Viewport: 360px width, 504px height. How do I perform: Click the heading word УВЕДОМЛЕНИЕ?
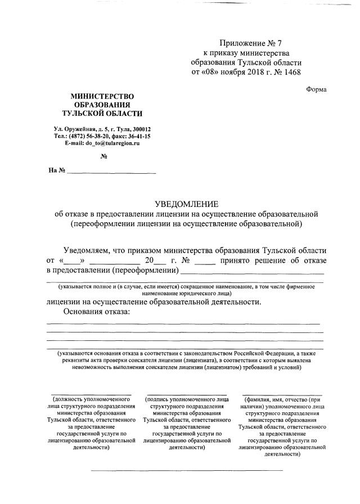(186, 204)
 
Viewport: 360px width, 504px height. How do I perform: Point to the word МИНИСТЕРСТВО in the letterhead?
(102, 96)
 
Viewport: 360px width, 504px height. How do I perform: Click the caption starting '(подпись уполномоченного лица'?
(186, 400)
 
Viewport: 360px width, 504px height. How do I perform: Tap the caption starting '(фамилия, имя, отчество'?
(282, 400)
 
